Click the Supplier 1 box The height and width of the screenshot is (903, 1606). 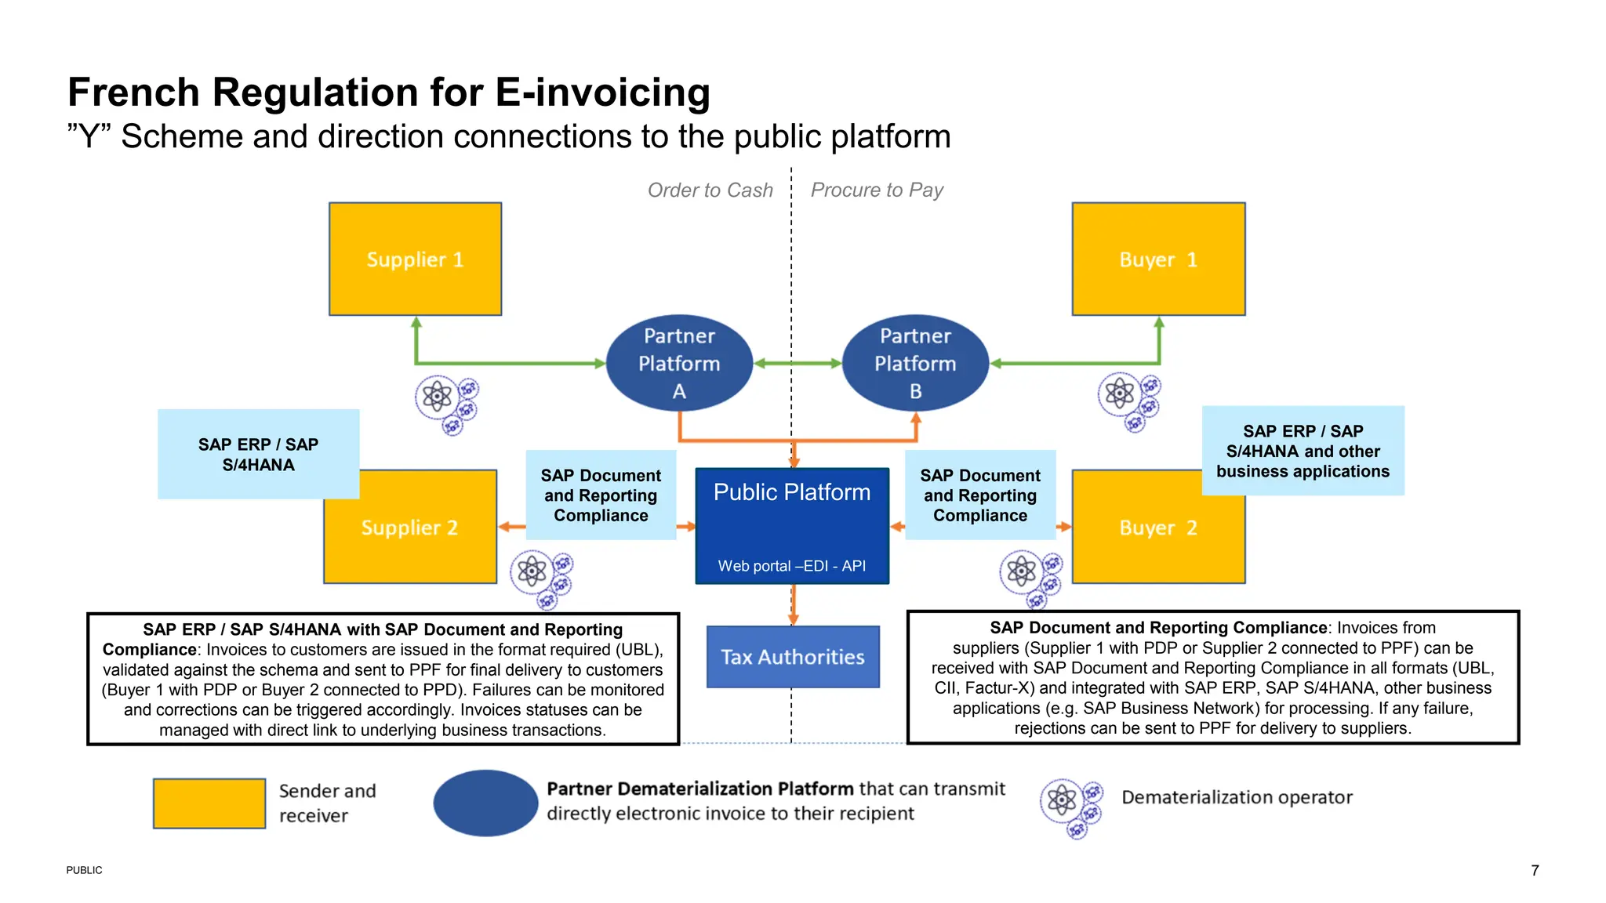pos(415,259)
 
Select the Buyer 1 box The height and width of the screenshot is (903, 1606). pos(1158,259)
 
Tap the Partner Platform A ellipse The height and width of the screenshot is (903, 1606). pos(679,363)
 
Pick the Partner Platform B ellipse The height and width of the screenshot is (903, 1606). pos(915,363)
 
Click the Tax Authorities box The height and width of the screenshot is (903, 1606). pos(793,657)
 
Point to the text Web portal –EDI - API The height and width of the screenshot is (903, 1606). pos(792,566)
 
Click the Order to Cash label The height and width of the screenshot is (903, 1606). pos(710,190)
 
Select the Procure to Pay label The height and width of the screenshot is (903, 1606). pos(877,190)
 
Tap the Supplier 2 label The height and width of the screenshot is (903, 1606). pos(409,528)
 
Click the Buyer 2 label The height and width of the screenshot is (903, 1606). pos(1157,528)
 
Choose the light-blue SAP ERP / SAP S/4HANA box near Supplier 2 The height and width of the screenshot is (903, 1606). pos(258,455)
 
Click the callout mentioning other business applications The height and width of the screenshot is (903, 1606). pos(1303,451)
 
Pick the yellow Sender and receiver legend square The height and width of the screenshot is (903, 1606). pos(209,803)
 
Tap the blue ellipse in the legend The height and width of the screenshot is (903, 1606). pos(485,803)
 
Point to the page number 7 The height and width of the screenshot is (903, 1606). pos(1535,870)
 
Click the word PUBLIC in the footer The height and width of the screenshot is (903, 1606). pos(84,870)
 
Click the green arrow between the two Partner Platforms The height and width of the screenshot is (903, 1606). pos(797,363)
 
